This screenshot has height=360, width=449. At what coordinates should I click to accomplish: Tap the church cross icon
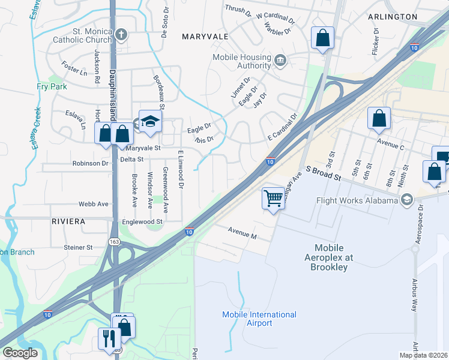[121, 34]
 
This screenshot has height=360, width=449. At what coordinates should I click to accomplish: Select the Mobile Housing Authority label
[242, 61]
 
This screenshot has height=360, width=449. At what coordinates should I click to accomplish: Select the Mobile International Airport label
[259, 319]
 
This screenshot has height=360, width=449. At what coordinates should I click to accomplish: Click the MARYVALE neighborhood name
[205, 37]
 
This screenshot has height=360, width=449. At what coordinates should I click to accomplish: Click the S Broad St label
[323, 174]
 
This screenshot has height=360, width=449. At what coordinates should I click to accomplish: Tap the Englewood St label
[143, 221]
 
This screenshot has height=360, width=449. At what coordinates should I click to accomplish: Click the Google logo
[20, 353]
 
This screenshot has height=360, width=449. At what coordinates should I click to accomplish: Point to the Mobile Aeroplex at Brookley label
[329, 257]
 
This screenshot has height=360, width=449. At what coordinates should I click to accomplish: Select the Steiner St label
[78, 247]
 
